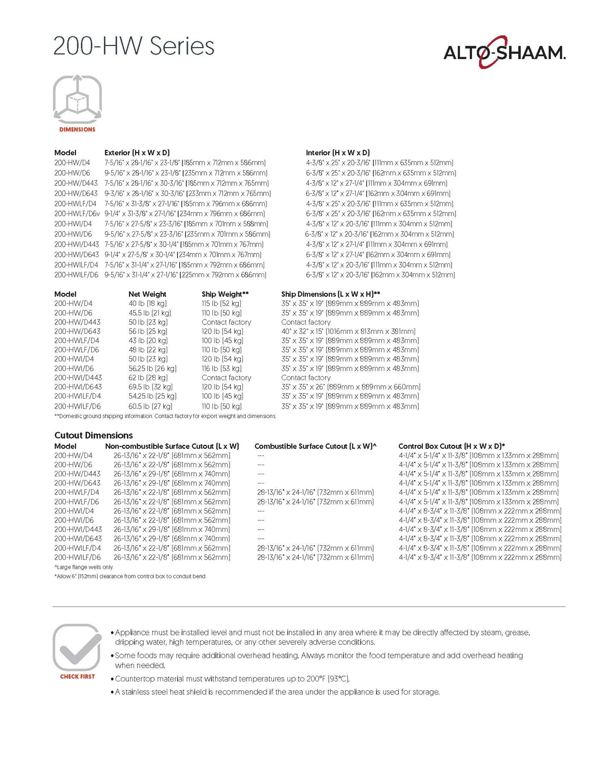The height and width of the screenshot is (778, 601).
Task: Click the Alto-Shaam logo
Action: pyautogui.click(x=504, y=52)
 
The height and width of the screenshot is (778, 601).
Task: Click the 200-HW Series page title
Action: pyautogui.click(x=134, y=46)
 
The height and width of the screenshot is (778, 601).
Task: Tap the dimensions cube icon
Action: pyautogui.click(x=77, y=99)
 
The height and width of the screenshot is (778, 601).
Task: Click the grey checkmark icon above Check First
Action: pyautogui.click(x=77, y=647)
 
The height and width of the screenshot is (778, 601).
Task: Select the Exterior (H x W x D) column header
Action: pyautogui.click(x=137, y=153)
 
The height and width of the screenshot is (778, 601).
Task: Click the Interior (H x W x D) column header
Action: pyautogui.click(x=338, y=153)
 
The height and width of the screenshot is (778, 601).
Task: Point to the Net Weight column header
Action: pyautogui.click(x=147, y=294)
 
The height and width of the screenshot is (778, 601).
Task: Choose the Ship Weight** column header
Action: pyautogui.click(x=225, y=294)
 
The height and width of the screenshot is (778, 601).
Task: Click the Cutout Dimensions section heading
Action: pyautogui.click(x=94, y=435)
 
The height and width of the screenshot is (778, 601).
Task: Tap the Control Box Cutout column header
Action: pyautogui.click(x=451, y=446)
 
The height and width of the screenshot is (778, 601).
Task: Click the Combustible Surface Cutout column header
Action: pyautogui.click(x=315, y=446)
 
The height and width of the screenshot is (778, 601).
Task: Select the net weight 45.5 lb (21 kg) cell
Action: pyautogui.click(x=150, y=313)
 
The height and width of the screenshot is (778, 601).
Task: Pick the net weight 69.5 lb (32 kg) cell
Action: pyautogui.click(x=151, y=387)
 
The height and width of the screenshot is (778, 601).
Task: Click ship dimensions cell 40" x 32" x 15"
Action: pyautogui.click(x=348, y=332)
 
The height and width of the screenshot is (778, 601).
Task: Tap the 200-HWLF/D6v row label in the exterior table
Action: pyautogui.click(x=77, y=214)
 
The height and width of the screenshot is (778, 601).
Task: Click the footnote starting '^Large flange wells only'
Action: pyautogui.click(x=84, y=567)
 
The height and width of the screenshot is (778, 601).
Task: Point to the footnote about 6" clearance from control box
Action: pyautogui.click(x=130, y=576)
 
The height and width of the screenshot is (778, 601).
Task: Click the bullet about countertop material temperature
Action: pyautogui.click(x=232, y=679)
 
